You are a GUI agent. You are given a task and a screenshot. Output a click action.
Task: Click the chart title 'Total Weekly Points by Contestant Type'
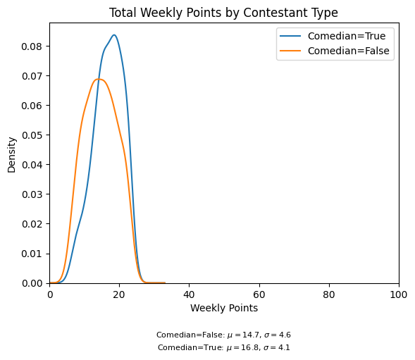[223, 13]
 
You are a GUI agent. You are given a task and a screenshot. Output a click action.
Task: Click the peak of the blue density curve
[113, 35]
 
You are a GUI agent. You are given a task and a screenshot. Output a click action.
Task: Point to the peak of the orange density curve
[99, 79]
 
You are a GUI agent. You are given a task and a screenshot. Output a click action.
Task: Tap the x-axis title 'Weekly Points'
[223, 309]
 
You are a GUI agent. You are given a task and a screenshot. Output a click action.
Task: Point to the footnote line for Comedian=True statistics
[223, 347]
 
